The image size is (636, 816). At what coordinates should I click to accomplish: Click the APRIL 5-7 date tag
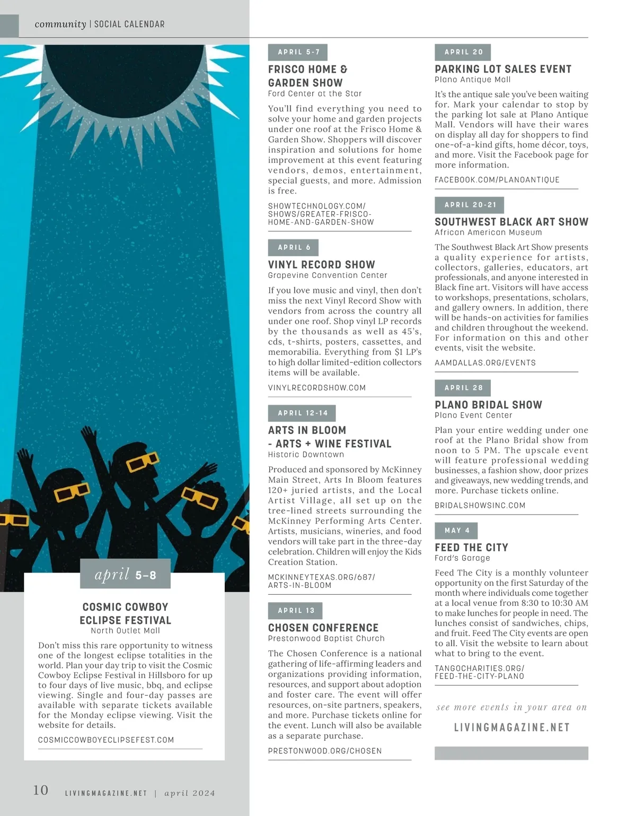tap(298, 52)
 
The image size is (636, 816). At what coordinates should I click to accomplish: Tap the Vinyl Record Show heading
tap(321, 264)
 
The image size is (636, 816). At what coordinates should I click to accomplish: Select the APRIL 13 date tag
tap(295, 611)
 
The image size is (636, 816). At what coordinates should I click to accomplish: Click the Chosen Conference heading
tap(323, 628)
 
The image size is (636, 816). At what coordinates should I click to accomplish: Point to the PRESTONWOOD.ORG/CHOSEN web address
tap(325, 751)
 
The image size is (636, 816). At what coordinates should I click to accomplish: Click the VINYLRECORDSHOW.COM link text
tap(317, 388)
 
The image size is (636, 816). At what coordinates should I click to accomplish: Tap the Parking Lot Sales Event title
tap(503, 69)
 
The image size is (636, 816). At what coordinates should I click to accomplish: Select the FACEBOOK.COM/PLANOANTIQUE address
tap(497, 180)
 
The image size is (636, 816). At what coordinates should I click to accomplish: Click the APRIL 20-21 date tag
tap(469, 205)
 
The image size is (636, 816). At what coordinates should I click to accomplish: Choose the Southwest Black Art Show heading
tap(511, 222)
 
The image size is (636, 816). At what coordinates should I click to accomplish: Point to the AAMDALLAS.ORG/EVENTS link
tap(485, 363)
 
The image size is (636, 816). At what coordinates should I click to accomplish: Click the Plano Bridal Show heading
tap(488, 405)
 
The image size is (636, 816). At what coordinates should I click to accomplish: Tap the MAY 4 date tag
tap(456, 531)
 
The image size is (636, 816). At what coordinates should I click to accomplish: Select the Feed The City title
tap(471, 548)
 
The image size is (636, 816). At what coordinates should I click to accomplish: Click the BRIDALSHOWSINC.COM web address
tap(480, 506)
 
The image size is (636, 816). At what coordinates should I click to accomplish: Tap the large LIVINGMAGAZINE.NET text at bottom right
tap(511, 727)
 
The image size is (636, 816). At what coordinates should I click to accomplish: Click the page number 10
tap(41, 791)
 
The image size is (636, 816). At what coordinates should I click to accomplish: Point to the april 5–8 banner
tap(125, 575)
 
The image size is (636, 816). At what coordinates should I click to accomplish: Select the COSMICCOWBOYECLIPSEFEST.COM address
tap(106, 740)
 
